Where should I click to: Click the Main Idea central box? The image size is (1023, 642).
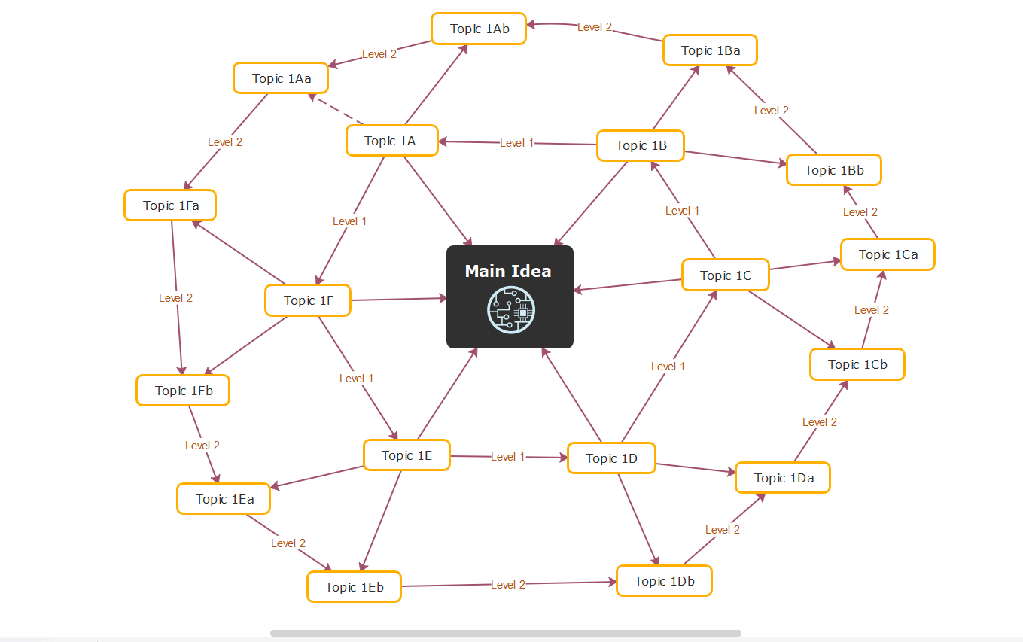coord(510,272)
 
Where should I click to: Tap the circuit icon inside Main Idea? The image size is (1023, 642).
coord(511,310)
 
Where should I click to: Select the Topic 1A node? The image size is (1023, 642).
coord(391,141)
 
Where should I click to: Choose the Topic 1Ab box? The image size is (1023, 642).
coord(479,29)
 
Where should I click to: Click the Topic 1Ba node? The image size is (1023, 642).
coord(710,50)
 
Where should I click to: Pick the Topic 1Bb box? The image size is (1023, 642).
coord(833,170)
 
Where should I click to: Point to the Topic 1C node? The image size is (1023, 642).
coord(725,275)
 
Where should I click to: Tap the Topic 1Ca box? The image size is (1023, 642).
coord(888,254)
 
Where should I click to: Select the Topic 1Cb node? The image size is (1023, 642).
coord(857,364)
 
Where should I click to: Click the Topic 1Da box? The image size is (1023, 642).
coord(782,478)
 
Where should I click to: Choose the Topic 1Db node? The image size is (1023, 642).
coord(664,581)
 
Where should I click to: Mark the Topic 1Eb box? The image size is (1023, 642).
coord(354,587)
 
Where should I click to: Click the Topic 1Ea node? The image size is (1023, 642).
coord(224,499)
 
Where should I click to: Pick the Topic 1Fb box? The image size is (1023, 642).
coord(183,391)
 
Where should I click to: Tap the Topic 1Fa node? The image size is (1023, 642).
coord(170,205)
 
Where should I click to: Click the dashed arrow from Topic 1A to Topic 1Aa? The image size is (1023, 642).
coord(336,110)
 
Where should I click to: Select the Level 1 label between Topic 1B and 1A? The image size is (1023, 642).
coord(516,143)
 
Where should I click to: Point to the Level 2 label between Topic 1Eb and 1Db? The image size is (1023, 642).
coord(508,585)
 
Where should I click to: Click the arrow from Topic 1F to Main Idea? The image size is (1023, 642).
coord(399,300)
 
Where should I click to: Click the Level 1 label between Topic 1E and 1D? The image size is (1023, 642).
coord(508,457)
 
